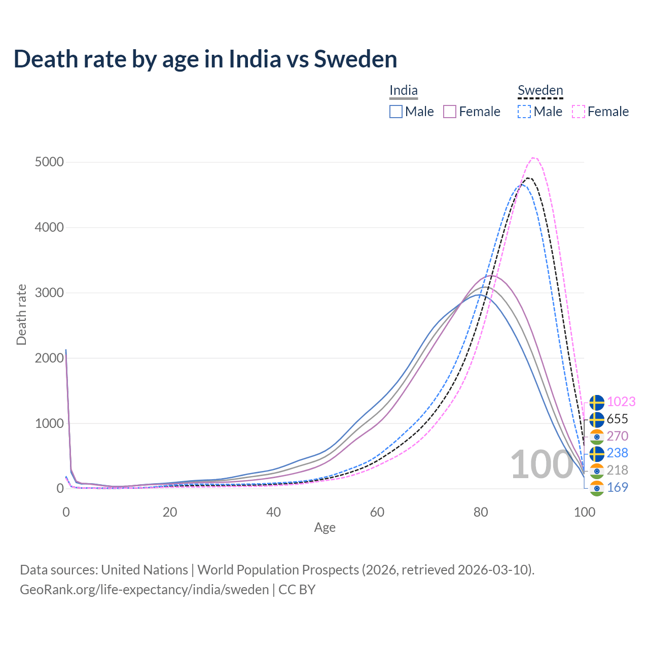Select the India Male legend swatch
click(x=396, y=112)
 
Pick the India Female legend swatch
click(x=450, y=112)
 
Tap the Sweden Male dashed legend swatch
click(x=524, y=112)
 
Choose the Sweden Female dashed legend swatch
click(x=579, y=112)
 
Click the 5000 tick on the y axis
click(x=49, y=162)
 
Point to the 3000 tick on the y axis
click(x=49, y=293)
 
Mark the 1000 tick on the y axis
click(x=49, y=423)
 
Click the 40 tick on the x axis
click(x=273, y=512)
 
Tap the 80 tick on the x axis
click(x=481, y=512)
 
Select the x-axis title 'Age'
click(x=324, y=528)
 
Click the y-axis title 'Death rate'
click(x=21, y=314)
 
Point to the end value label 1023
click(x=621, y=402)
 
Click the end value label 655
click(x=617, y=419)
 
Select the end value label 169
click(x=617, y=487)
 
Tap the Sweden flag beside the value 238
click(x=597, y=453)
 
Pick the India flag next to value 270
click(x=597, y=436)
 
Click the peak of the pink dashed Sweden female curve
click(x=534, y=158)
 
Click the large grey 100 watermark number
click(x=542, y=464)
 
